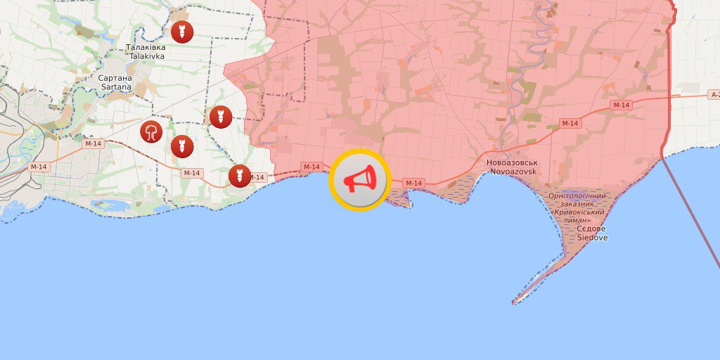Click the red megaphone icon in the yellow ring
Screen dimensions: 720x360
click(359, 180)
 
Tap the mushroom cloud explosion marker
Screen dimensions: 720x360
click(151, 131)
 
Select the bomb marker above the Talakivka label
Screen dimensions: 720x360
click(182, 32)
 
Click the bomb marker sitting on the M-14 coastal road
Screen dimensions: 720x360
click(240, 176)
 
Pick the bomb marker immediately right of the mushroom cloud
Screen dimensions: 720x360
click(182, 146)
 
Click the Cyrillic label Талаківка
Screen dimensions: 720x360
click(146, 47)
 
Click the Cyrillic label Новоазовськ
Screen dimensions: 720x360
click(511, 162)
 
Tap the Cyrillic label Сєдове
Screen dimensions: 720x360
click(591, 229)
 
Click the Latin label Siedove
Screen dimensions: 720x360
click(592, 238)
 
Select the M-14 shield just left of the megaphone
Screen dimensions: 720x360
click(311, 167)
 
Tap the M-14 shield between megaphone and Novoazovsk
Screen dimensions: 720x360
click(414, 183)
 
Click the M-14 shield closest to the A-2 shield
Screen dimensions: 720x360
click(621, 105)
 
